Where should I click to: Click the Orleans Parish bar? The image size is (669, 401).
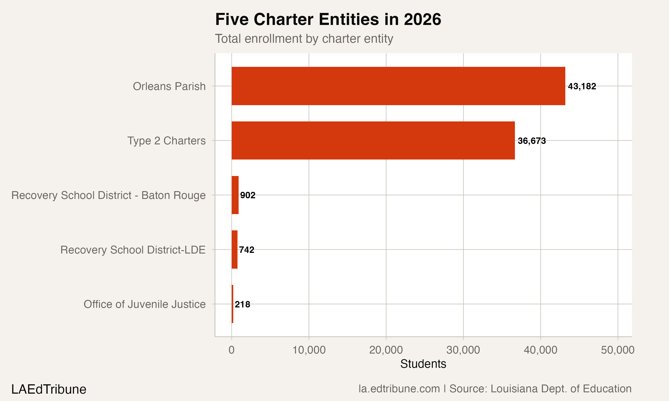click(x=398, y=86)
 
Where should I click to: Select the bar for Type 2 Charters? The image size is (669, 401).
click(x=373, y=141)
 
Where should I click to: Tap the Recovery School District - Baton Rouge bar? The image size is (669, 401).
click(x=235, y=195)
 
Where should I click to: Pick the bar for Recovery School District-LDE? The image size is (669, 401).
click(x=234, y=250)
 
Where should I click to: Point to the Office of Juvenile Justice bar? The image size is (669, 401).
click(x=233, y=304)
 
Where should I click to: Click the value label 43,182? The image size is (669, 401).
click(x=582, y=86)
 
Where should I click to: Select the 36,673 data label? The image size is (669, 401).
click(x=532, y=141)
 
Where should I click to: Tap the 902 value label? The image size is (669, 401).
click(x=248, y=195)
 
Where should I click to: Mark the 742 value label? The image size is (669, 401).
click(x=247, y=250)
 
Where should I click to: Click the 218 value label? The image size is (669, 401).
click(x=242, y=305)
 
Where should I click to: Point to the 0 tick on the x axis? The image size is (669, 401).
click(x=231, y=350)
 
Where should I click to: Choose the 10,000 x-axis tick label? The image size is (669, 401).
click(x=309, y=350)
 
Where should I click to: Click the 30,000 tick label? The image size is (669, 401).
click(x=463, y=350)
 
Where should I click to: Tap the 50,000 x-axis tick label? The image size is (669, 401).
click(x=618, y=350)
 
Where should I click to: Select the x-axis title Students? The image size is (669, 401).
click(x=423, y=364)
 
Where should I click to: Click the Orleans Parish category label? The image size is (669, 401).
click(x=169, y=86)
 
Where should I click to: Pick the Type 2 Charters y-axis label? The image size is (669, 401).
click(x=167, y=141)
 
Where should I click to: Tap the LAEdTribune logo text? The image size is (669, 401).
click(x=49, y=389)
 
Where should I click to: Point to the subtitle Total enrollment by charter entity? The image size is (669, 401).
click(x=304, y=39)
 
